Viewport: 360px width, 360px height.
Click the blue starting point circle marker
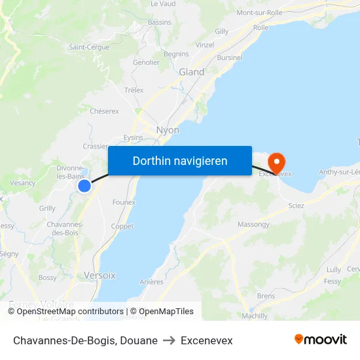click(x=84, y=186)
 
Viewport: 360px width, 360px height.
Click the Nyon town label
click(x=168, y=130)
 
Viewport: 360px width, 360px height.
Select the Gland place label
click(x=192, y=72)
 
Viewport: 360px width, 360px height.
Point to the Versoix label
click(x=99, y=276)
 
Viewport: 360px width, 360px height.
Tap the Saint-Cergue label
click(x=89, y=47)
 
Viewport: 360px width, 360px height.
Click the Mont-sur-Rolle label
click(x=259, y=12)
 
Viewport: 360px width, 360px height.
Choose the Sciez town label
click(x=296, y=205)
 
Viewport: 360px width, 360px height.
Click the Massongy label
click(x=253, y=225)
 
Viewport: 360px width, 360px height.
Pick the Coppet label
click(x=122, y=226)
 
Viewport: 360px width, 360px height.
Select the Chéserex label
click(x=104, y=111)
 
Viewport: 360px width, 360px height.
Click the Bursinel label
click(x=230, y=58)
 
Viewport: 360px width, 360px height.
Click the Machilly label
click(x=255, y=315)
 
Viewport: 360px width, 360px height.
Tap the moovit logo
click(x=320, y=340)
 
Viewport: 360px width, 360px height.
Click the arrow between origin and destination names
click(x=170, y=340)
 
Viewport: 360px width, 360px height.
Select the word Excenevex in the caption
click(x=207, y=340)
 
